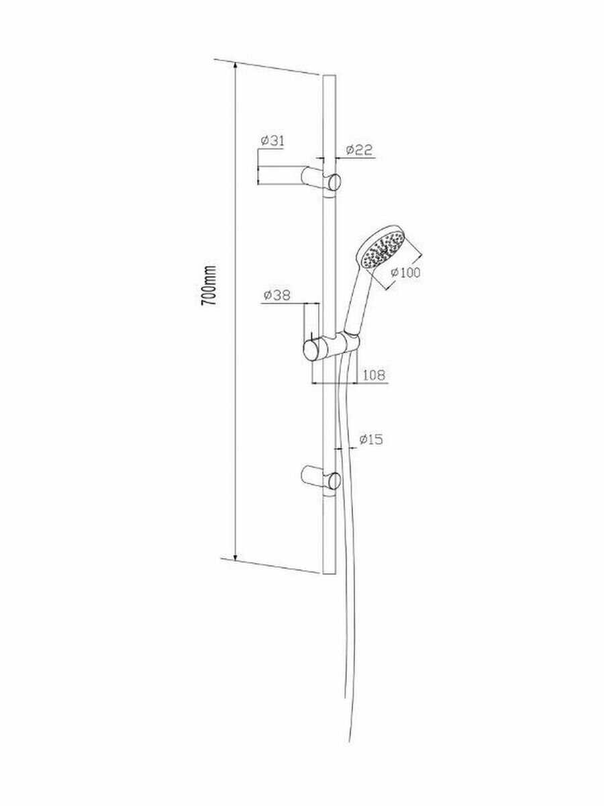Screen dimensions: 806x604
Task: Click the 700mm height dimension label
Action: pyautogui.click(x=209, y=285)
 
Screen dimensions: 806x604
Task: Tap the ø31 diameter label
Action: pyautogui.click(x=272, y=140)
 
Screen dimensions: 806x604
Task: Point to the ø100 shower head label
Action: pyautogui.click(x=404, y=272)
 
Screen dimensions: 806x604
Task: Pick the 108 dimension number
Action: pyautogui.click(x=374, y=375)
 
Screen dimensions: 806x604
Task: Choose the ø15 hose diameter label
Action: pyautogui.click(x=370, y=440)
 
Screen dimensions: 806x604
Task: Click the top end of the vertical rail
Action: pyautogui.click(x=328, y=77)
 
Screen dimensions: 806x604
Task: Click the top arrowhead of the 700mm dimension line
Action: pyautogui.click(x=236, y=66)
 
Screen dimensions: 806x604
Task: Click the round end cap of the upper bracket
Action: pyautogui.click(x=334, y=182)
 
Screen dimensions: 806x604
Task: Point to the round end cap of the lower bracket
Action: pyautogui.click(x=334, y=481)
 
